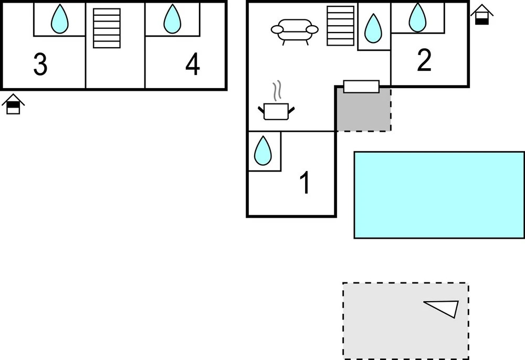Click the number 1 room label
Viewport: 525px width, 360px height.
(x=305, y=183)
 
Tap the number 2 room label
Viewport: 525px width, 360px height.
(x=424, y=60)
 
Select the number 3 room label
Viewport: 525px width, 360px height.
(x=40, y=65)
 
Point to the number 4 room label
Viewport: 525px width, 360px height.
(x=193, y=65)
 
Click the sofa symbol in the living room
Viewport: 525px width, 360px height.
(x=295, y=31)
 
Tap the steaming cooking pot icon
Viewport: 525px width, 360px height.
(x=276, y=111)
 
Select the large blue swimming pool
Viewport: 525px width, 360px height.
(x=439, y=195)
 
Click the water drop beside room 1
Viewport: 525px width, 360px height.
(x=262, y=151)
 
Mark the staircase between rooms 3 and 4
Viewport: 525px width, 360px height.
(x=107, y=28)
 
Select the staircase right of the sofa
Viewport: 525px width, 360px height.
(x=340, y=26)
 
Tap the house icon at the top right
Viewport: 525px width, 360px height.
(x=482, y=14)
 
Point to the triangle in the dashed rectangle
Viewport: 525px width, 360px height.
(x=444, y=308)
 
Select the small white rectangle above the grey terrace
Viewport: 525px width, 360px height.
(x=361, y=87)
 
